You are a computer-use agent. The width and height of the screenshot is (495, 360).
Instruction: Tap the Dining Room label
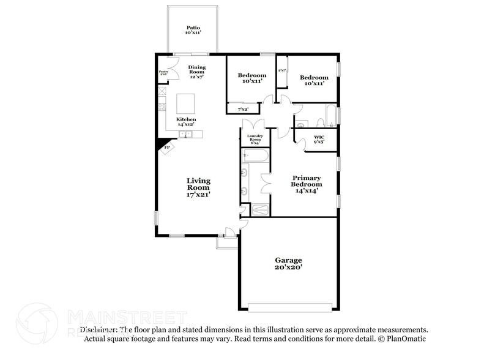point(197,71)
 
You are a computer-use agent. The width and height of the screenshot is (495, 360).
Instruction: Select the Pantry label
point(163,73)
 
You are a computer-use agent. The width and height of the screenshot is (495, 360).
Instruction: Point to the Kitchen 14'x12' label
point(186,122)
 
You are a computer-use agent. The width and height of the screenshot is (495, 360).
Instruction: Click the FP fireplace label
point(166,148)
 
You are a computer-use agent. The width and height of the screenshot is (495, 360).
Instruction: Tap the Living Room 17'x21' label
point(198,187)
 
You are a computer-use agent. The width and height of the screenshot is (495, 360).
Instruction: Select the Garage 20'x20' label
point(288,264)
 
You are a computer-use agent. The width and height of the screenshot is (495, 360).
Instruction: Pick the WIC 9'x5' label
point(319,139)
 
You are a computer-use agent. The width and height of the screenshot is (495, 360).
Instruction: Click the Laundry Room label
point(255,139)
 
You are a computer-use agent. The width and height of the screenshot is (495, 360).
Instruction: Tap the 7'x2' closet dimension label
point(244,109)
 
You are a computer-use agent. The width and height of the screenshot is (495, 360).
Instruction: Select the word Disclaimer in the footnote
point(97,329)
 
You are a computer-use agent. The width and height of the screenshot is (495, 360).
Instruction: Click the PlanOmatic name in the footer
point(406,339)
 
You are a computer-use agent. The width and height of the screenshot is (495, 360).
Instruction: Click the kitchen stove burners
point(162,107)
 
